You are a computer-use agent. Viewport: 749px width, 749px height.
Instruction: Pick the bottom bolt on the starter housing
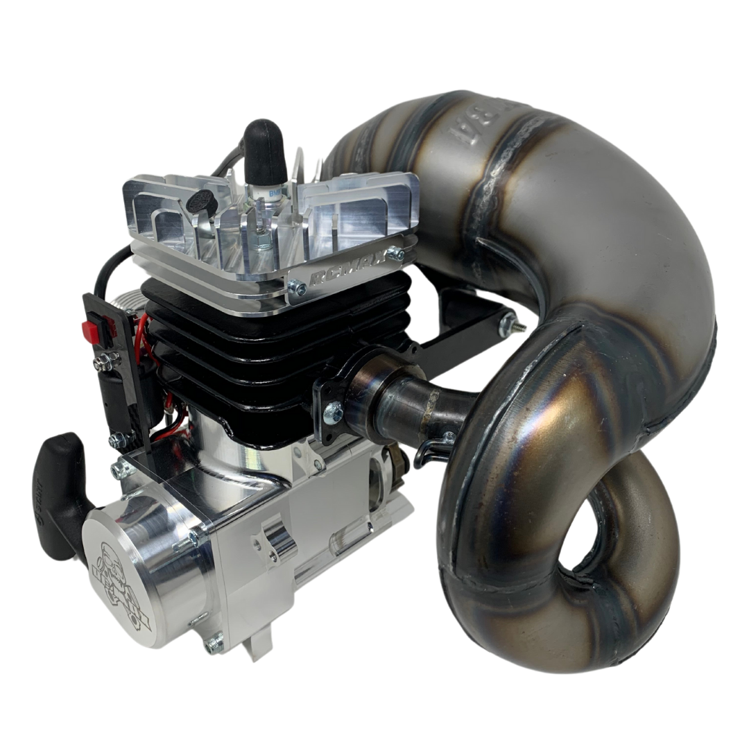(x=208, y=646)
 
